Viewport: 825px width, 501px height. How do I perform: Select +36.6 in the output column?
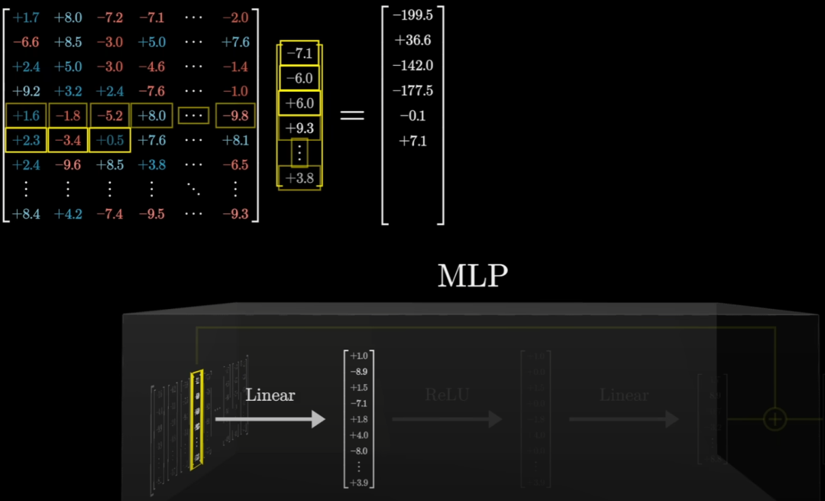click(412, 41)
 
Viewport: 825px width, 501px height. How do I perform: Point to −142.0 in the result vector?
click(412, 66)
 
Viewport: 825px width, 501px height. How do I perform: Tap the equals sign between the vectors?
click(351, 115)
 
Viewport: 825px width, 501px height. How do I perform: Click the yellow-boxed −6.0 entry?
click(299, 78)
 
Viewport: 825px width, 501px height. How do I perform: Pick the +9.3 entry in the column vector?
click(299, 128)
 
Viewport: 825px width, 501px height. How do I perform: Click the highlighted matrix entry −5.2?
click(110, 115)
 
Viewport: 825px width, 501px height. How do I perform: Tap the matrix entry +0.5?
click(110, 140)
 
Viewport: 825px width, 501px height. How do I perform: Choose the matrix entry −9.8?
click(235, 115)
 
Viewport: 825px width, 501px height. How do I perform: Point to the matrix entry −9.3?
click(235, 214)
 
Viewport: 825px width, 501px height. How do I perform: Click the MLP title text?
click(472, 276)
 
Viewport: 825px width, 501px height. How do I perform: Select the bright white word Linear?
click(270, 395)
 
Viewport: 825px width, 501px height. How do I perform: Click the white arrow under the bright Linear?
click(270, 419)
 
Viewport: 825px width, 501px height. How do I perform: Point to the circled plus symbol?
click(775, 418)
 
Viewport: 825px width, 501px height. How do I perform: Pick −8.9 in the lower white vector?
click(360, 371)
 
